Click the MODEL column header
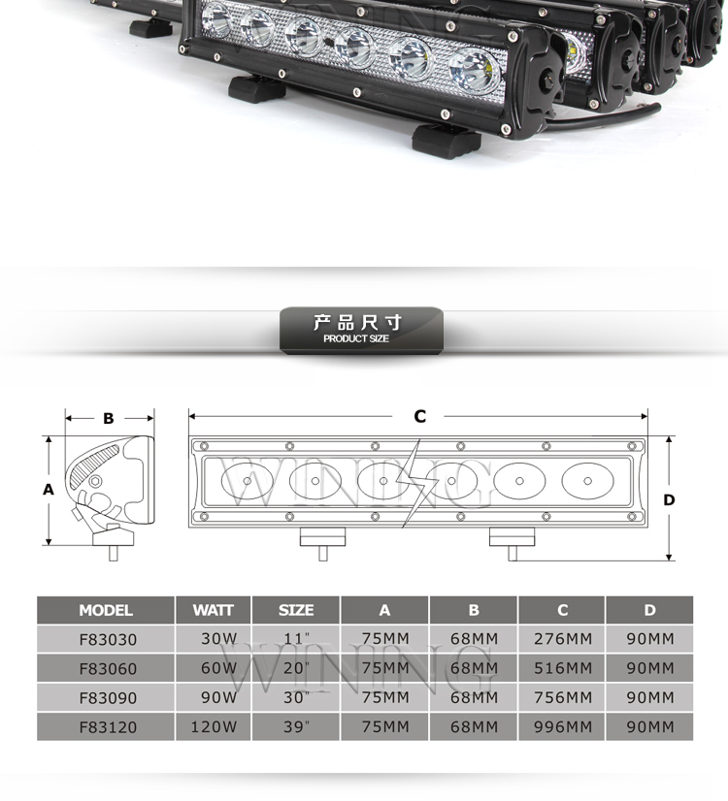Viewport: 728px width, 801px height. point(106,610)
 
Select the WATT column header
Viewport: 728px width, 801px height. point(214,610)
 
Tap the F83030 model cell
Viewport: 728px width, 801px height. point(108,640)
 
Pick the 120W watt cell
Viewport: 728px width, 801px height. point(214,727)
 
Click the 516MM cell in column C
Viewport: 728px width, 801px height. point(563,668)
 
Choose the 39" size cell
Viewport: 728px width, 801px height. point(296,727)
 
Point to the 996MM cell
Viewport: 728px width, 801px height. point(563,727)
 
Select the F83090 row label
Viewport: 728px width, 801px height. point(108,698)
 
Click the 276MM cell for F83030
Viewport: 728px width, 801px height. point(563,639)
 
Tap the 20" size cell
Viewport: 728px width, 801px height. point(296,668)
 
